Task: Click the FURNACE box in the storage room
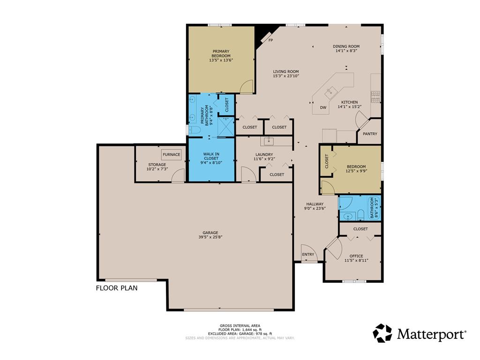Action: (x=172, y=154)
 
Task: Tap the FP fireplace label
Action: (x=270, y=40)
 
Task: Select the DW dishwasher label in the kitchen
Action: (x=323, y=108)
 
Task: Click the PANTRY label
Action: (x=370, y=134)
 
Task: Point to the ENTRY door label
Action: (x=308, y=255)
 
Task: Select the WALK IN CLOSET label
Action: (x=211, y=156)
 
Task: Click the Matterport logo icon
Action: (x=382, y=333)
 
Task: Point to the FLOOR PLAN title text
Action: (x=117, y=288)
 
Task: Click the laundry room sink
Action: (x=269, y=141)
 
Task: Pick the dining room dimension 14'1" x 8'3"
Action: (x=346, y=51)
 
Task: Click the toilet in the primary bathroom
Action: (x=194, y=129)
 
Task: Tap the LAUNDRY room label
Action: (x=264, y=155)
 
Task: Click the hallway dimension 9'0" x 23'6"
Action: (x=315, y=209)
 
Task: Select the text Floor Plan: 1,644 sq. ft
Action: (x=240, y=330)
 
